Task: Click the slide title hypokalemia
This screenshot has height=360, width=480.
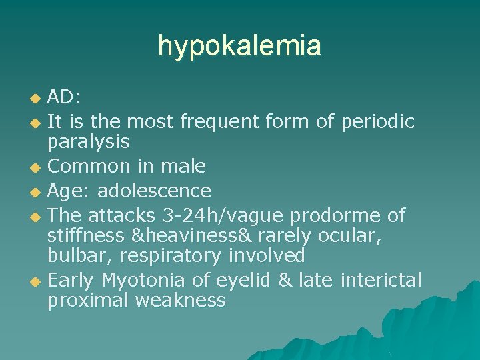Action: point(239,46)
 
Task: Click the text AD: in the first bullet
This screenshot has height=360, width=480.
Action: point(65,97)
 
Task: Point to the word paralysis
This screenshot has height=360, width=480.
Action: point(88,142)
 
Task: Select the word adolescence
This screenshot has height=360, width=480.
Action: point(154,191)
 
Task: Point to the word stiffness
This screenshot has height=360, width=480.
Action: point(86,235)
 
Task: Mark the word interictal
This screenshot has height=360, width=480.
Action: point(381,279)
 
